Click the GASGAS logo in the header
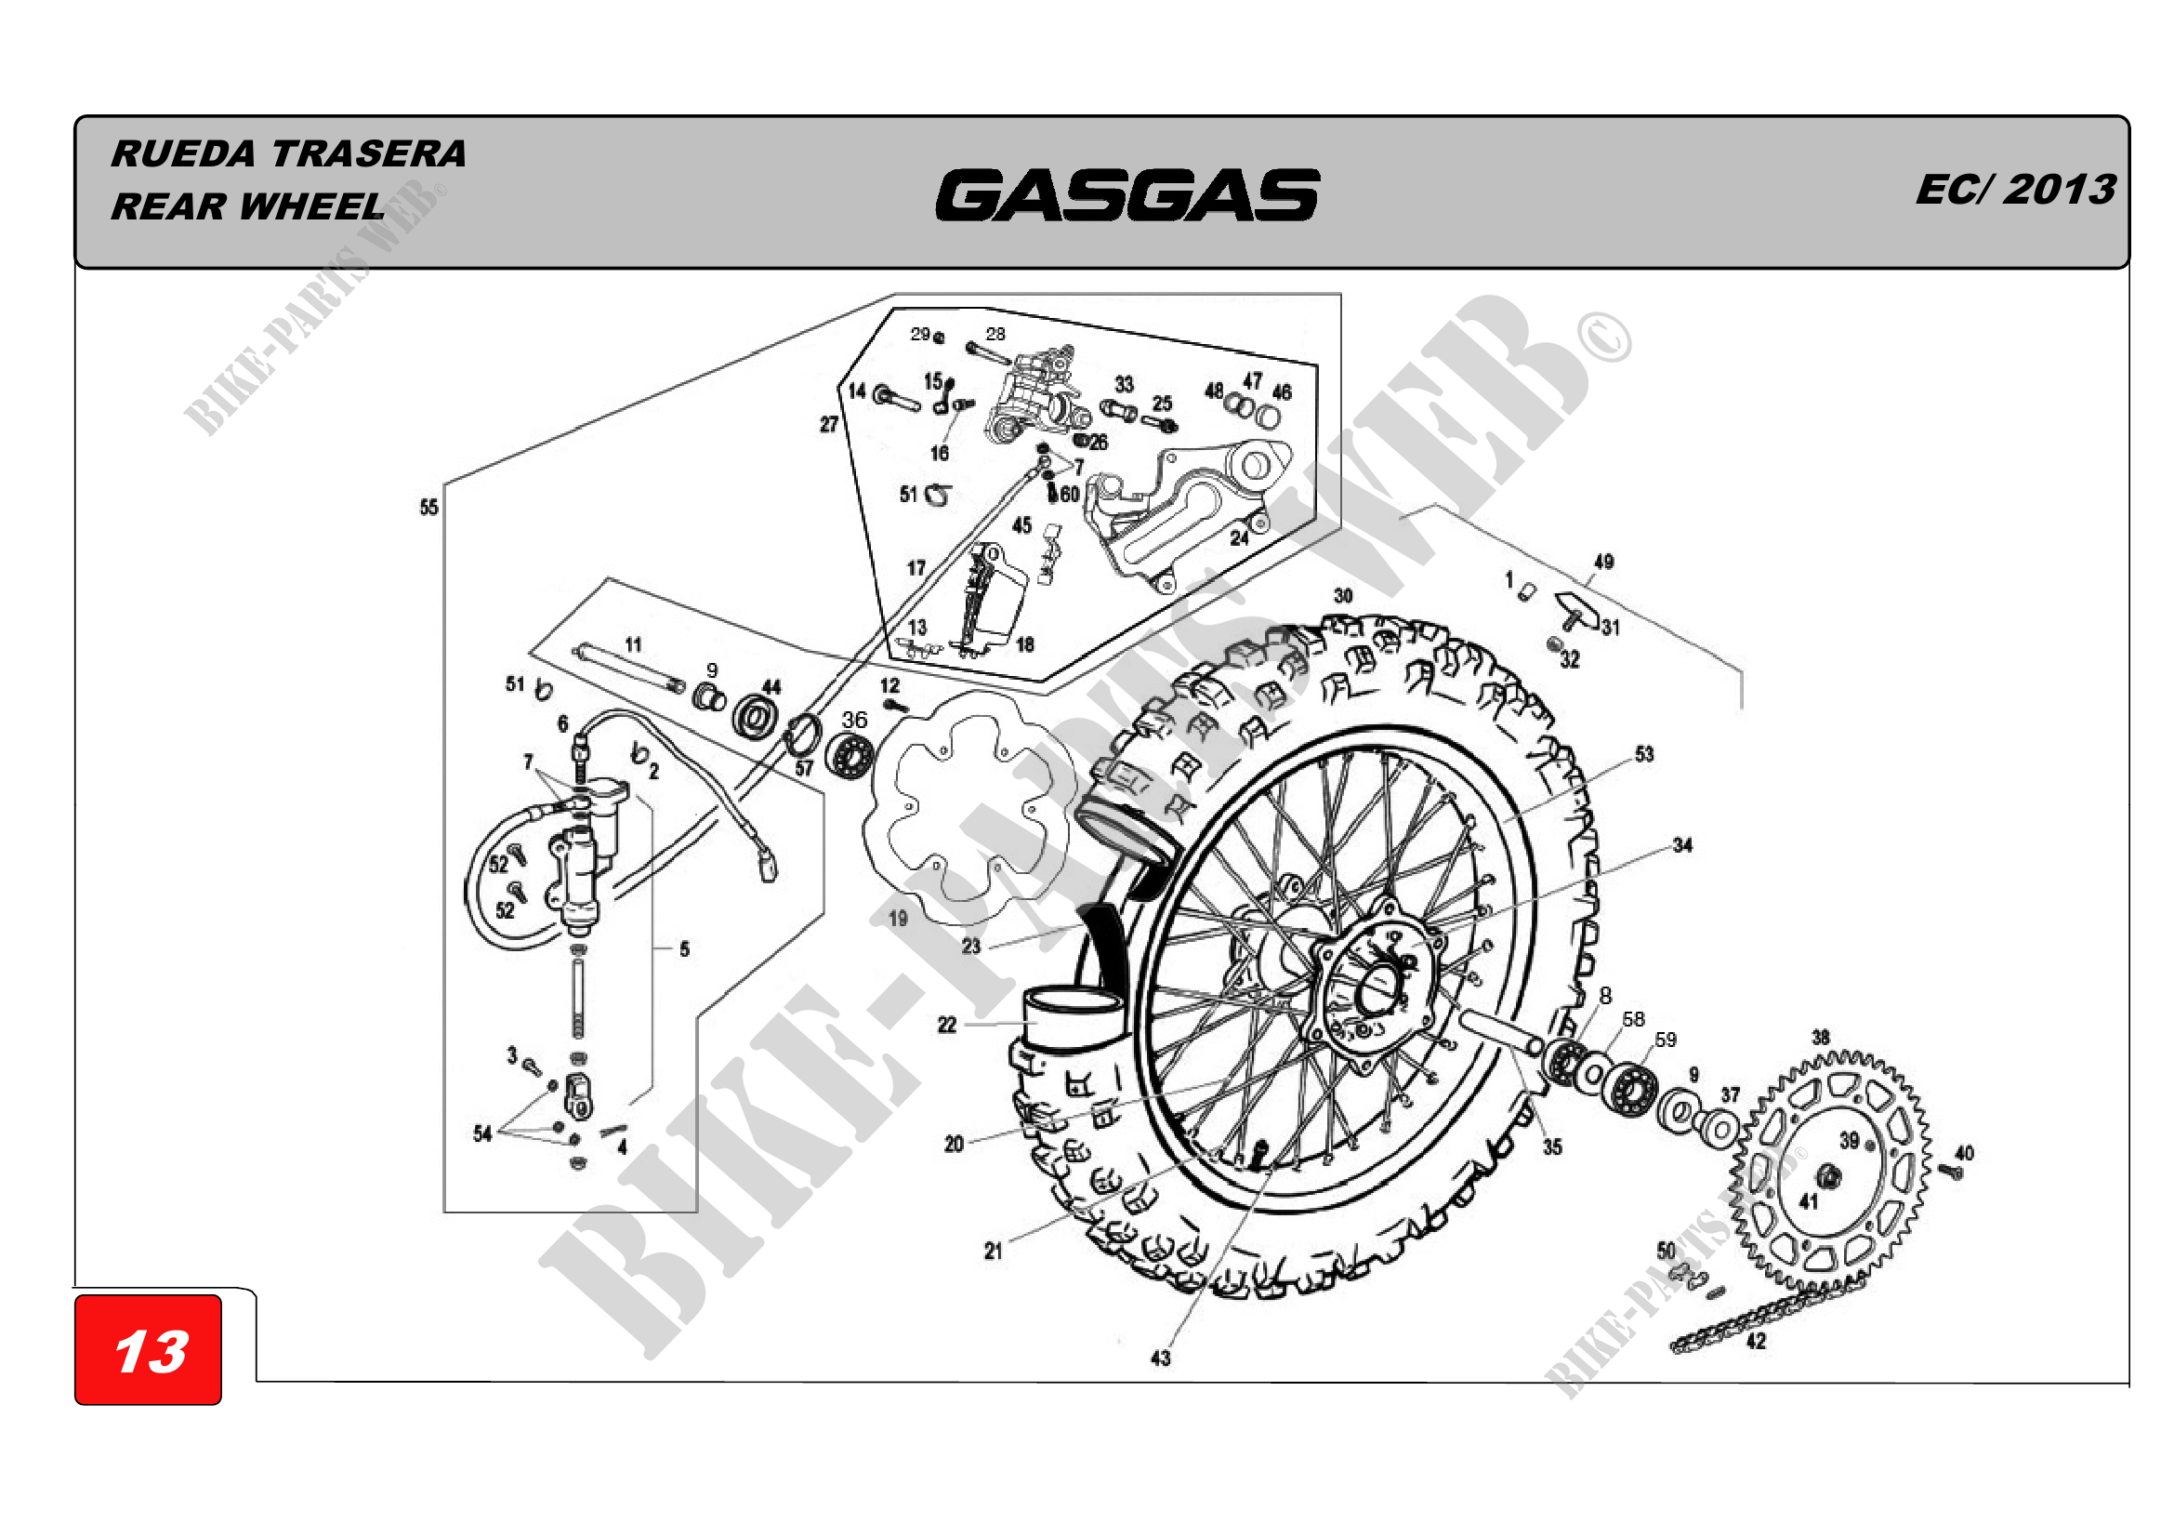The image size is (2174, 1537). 1127,194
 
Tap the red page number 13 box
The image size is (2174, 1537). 149,1349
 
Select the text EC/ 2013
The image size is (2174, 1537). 2015,190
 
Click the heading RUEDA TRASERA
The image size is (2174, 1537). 289,153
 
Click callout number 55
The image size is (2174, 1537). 428,508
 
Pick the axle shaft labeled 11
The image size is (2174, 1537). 627,668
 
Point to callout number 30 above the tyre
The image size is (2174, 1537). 1344,596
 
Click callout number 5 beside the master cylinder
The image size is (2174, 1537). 685,949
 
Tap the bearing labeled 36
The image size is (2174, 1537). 849,756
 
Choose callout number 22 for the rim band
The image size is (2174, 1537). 947,1025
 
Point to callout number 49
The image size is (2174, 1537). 1603,562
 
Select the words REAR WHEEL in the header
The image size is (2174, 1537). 248,206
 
